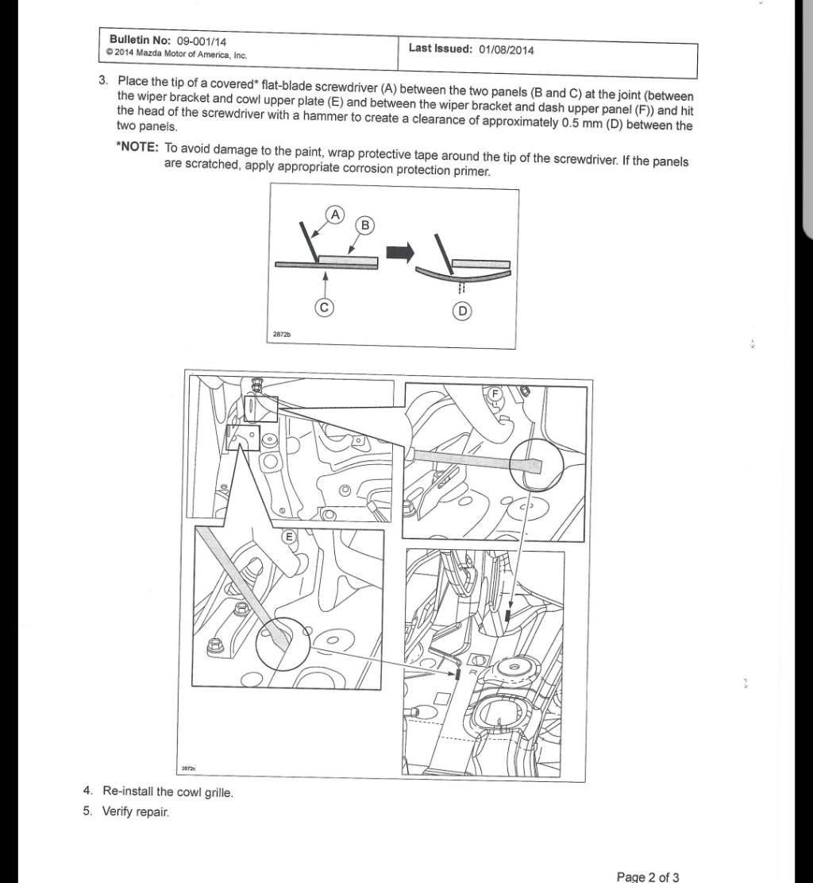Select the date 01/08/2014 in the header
pyautogui.click(x=506, y=49)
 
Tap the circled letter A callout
pyautogui.click(x=335, y=214)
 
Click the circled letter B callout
pyautogui.click(x=364, y=225)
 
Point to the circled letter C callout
pyautogui.click(x=324, y=308)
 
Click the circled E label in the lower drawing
pyautogui.click(x=290, y=537)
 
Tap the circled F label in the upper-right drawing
pyautogui.click(x=494, y=393)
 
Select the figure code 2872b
pyautogui.click(x=282, y=335)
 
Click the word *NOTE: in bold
pyautogui.click(x=137, y=149)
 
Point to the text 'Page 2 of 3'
pyautogui.click(x=647, y=877)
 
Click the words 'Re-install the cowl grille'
pyautogui.click(x=168, y=792)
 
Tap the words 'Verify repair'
pyautogui.click(x=135, y=812)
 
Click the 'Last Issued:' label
pyautogui.click(x=441, y=48)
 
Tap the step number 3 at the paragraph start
pyautogui.click(x=102, y=80)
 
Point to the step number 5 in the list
pyautogui.click(x=87, y=811)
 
